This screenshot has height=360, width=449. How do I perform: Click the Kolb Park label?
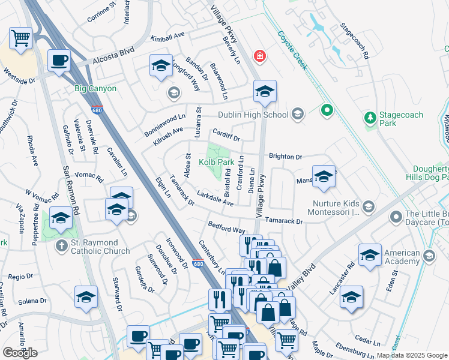(217, 163)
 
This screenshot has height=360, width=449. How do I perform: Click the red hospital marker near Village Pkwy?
(259, 56)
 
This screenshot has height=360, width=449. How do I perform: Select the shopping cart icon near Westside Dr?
(21, 38)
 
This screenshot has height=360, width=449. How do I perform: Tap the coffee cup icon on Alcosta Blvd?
(59, 60)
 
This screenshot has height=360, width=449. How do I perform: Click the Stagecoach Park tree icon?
(370, 119)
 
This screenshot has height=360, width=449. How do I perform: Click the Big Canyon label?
(95, 88)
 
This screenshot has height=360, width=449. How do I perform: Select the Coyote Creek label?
(293, 51)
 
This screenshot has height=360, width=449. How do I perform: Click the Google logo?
(20, 353)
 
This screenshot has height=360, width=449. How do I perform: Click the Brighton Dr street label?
(285, 156)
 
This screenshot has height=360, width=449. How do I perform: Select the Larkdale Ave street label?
(215, 199)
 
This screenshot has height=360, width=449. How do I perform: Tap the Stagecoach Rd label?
(354, 41)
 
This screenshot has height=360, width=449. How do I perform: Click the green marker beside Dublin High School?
(327, 110)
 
